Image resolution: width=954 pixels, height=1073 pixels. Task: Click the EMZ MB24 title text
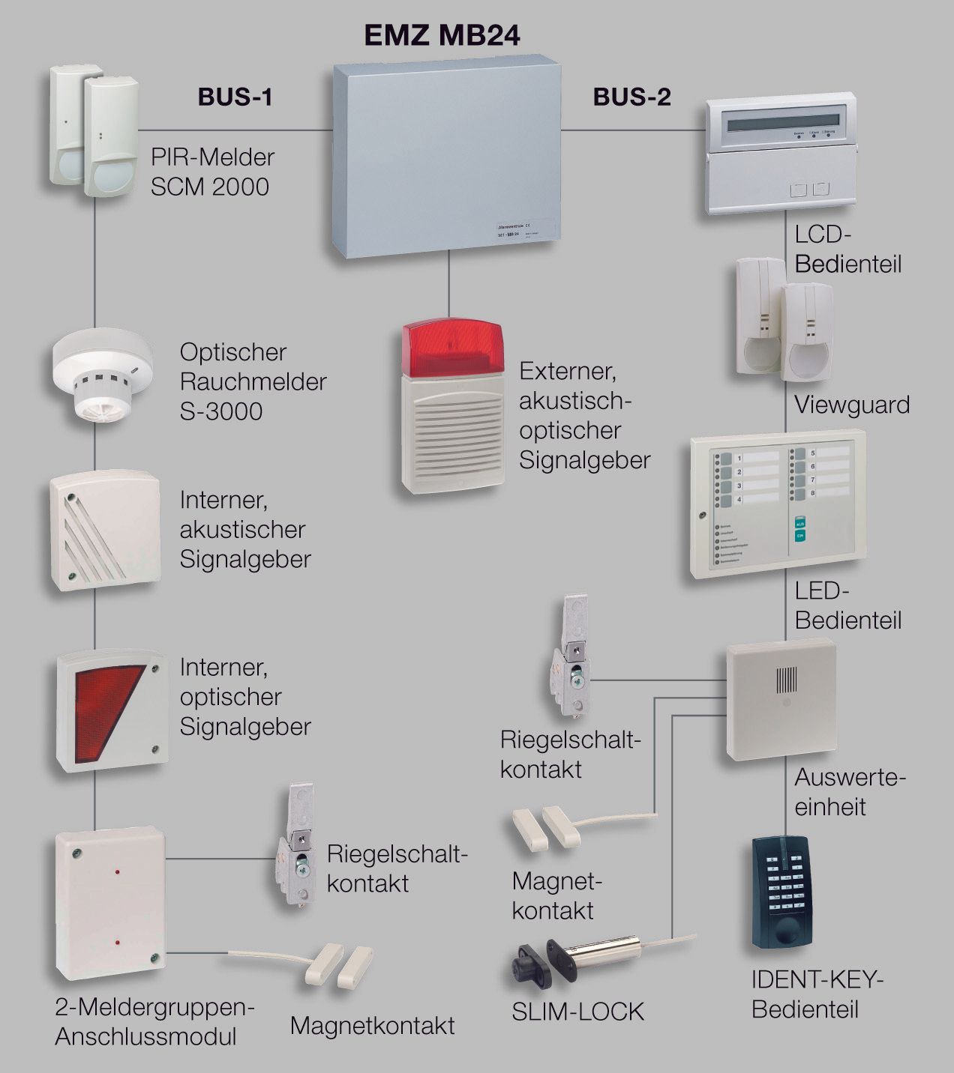coord(442,34)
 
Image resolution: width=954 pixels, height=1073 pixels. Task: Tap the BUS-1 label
coord(234,97)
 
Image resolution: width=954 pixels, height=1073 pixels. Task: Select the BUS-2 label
coord(631,97)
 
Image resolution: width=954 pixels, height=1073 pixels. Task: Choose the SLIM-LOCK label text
coord(577,1012)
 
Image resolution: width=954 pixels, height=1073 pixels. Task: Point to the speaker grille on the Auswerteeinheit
coord(784,680)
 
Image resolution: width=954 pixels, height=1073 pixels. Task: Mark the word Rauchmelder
coord(253,381)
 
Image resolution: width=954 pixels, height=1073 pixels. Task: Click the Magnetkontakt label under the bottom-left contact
coord(372,1025)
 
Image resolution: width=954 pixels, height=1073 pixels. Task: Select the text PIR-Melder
coord(212,157)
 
